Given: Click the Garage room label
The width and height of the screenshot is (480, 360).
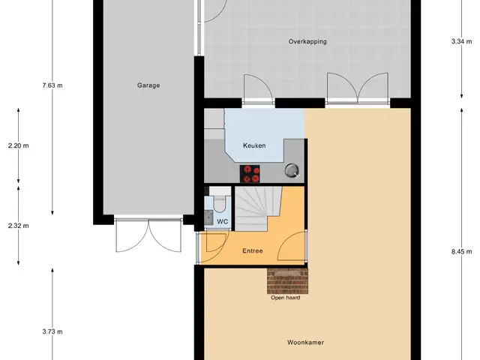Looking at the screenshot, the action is pyautogui.click(x=148, y=85).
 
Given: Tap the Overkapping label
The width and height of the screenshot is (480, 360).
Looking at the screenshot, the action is pyautogui.click(x=307, y=42).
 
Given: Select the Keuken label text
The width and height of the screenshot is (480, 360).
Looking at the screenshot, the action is pyautogui.click(x=254, y=145).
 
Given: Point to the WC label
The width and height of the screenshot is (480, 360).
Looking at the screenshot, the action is pyautogui.click(x=223, y=222).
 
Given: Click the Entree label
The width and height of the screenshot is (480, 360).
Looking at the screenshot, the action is pyautogui.click(x=253, y=251).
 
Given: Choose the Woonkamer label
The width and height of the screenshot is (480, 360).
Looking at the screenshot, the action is pyautogui.click(x=305, y=343).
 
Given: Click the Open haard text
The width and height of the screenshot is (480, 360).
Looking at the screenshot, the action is pyautogui.click(x=285, y=298).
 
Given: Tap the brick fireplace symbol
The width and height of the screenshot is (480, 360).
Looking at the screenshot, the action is pyautogui.click(x=287, y=281).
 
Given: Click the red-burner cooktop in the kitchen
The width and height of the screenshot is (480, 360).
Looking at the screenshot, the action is pyautogui.click(x=250, y=174).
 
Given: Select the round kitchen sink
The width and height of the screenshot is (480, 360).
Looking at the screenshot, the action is pyautogui.click(x=292, y=171).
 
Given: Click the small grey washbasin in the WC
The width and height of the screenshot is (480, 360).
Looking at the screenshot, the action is pyautogui.click(x=208, y=217).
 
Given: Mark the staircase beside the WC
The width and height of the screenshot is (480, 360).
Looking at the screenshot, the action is pyautogui.click(x=258, y=208).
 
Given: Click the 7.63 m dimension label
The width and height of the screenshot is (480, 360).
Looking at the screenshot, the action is pyautogui.click(x=52, y=85).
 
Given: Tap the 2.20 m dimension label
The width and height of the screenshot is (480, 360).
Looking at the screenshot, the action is pyautogui.click(x=18, y=145).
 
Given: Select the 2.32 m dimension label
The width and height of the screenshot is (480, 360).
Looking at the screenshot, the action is pyautogui.click(x=18, y=226).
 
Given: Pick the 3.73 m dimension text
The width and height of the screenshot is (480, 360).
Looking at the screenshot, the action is pyautogui.click(x=52, y=331).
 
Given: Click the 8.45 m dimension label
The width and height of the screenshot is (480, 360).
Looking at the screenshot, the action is pyautogui.click(x=462, y=252).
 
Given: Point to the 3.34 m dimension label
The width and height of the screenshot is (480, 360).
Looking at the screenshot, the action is pyautogui.click(x=462, y=42).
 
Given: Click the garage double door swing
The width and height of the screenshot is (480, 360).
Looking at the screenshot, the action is pyautogui.click(x=148, y=235).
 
